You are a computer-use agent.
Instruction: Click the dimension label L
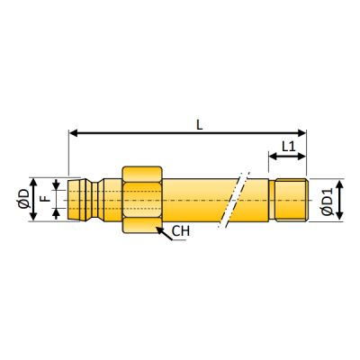coord(198,125)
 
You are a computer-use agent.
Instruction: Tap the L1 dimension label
coord(288,145)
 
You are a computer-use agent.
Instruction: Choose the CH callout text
coord(181,231)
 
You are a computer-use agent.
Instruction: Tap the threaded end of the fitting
coord(290,199)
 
